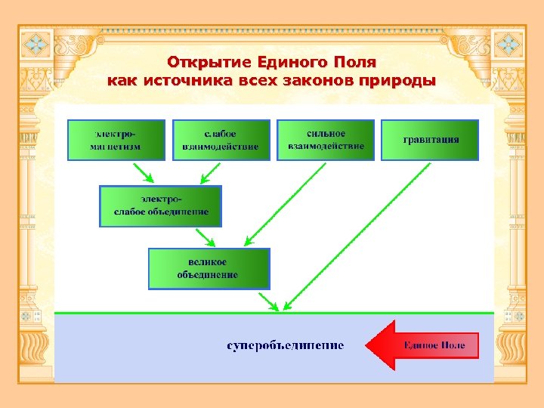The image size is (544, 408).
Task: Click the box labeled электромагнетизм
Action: pos(116,140)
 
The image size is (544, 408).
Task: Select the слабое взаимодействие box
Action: pos(221,140)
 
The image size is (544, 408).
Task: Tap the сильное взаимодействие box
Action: pos(326,140)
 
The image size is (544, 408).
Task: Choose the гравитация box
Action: pos(430,140)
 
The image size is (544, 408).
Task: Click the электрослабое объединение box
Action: pos(161,206)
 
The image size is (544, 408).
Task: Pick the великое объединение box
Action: pos(209,268)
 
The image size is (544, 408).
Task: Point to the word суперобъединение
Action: pos(286,345)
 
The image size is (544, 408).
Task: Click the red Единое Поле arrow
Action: pos(423,345)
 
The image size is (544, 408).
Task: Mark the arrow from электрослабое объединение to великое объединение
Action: pos(205,237)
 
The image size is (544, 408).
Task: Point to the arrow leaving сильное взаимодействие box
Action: pos(288,200)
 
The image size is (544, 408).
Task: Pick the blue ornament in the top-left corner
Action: pos(36,43)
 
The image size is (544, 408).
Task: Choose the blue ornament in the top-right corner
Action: pos(508,43)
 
